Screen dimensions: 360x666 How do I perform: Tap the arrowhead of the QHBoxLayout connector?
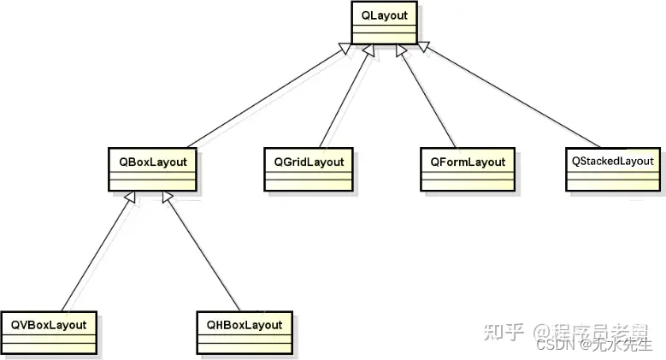pyautogui.click(x=168, y=198)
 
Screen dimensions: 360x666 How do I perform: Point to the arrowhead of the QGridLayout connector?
pyautogui.click(x=369, y=50)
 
